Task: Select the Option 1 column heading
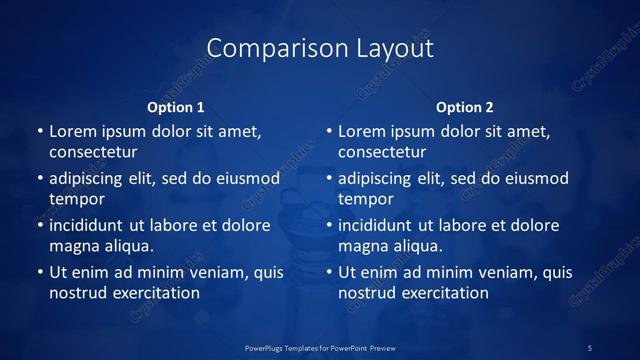click(176, 107)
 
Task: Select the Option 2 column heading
click(465, 107)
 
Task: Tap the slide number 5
click(590, 348)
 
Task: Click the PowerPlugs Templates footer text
click(320, 348)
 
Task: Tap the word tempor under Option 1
click(77, 199)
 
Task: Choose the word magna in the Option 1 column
click(73, 246)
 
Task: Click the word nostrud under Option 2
click(367, 293)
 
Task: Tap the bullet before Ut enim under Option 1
click(40, 272)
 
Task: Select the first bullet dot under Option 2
click(329, 131)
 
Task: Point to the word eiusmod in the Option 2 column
click(535, 178)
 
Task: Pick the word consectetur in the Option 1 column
click(93, 152)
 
